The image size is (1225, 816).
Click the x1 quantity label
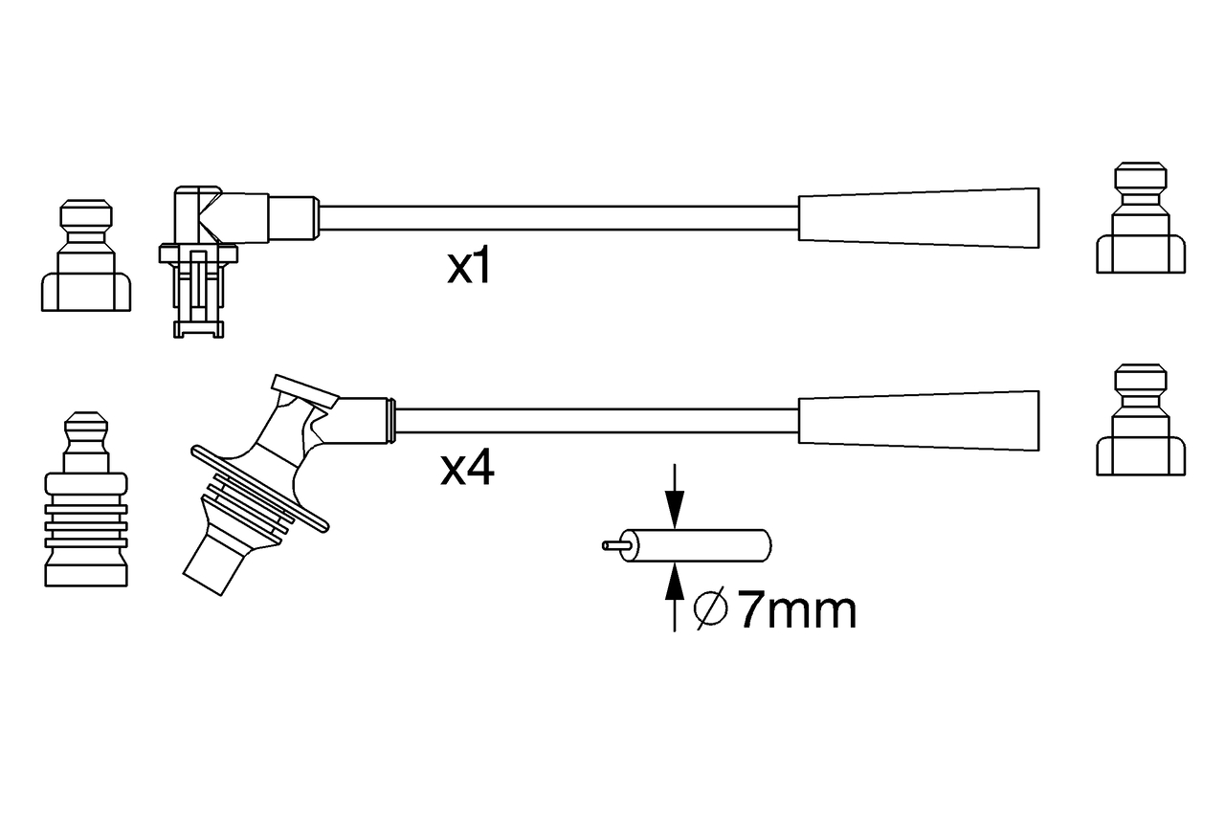(469, 267)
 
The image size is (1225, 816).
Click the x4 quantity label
(468, 469)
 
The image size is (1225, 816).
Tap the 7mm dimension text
(797, 610)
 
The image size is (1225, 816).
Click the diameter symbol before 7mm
(711, 608)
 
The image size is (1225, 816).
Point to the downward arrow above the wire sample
(675, 496)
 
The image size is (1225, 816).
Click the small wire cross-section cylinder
(697, 545)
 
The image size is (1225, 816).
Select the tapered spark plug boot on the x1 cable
(919, 218)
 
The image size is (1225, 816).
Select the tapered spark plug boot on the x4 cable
(919, 421)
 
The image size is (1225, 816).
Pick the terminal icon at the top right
(1141, 217)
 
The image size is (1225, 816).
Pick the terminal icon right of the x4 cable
(1141, 420)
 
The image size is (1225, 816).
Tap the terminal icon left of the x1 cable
(86, 255)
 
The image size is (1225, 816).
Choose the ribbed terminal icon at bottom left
(86, 499)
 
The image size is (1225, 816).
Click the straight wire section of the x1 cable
(558, 218)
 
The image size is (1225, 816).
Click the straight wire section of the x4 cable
(596, 421)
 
